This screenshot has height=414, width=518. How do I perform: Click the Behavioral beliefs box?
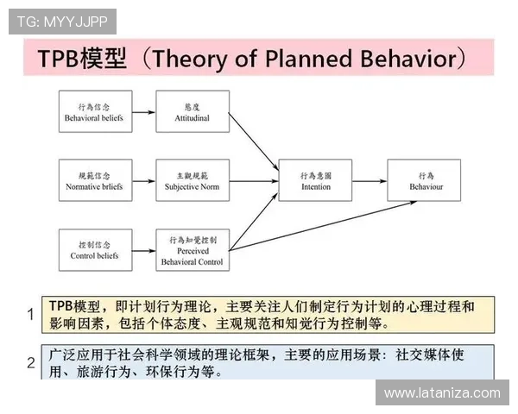pyautogui.click(x=95, y=111)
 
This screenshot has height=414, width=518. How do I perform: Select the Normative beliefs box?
pyautogui.click(x=95, y=180)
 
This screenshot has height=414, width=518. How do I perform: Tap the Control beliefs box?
pyautogui.click(x=95, y=250)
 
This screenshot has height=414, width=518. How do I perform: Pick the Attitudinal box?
pyautogui.click(x=193, y=111)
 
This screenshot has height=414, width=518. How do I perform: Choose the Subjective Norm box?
pyautogui.click(x=193, y=180)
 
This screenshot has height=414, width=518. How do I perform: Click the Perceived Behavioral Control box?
pyautogui.click(x=193, y=250)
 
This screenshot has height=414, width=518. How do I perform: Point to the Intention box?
pyautogui.click(x=316, y=180)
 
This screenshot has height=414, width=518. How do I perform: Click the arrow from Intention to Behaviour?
pyautogui.click(x=370, y=181)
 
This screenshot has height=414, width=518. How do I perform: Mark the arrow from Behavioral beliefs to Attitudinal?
pyautogui.click(x=143, y=111)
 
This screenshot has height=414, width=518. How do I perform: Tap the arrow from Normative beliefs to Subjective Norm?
pyautogui.click(x=143, y=181)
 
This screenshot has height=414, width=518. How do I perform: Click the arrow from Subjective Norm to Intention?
pyautogui.click(x=254, y=181)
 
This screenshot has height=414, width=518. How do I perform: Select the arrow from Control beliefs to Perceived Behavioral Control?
pyautogui.click(x=143, y=250)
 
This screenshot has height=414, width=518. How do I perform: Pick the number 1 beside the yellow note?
pyautogui.click(x=31, y=315)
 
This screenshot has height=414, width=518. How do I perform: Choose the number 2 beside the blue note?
pyautogui.click(x=31, y=363)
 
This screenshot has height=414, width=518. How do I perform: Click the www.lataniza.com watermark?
pyautogui.click(x=441, y=393)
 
